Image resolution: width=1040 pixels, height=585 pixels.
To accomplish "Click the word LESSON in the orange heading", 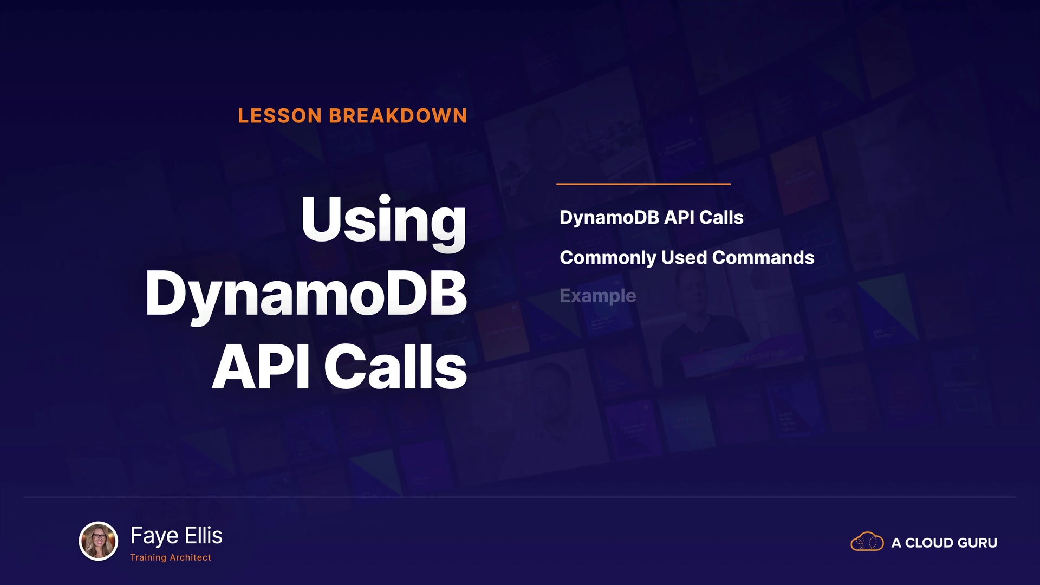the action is click(x=280, y=116).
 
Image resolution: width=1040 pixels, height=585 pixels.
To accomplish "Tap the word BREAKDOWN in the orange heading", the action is click(x=398, y=116).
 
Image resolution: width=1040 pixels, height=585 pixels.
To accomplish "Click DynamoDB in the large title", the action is click(x=306, y=295).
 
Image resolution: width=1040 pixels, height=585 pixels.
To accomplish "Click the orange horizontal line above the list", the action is click(x=643, y=184).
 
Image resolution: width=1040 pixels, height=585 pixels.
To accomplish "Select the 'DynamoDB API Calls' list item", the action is click(x=651, y=218).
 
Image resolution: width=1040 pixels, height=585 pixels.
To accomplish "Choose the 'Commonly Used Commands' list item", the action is click(x=687, y=258).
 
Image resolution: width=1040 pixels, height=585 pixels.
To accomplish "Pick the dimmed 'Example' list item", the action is click(x=598, y=296).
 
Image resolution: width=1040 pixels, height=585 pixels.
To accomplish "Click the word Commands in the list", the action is click(x=763, y=257).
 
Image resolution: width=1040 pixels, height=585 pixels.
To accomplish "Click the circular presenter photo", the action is click(x=99, y=541).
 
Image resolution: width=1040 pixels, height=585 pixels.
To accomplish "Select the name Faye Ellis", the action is click(x=176, y=536).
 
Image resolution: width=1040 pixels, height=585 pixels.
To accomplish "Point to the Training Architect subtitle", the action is click(x=171, y=557).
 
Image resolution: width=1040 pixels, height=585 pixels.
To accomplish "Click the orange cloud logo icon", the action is click(x=867, y=542).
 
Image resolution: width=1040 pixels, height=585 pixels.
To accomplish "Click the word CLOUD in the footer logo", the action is click(x=928, y=543).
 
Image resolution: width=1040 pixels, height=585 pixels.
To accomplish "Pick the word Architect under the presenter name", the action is click(x=190, y=557).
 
